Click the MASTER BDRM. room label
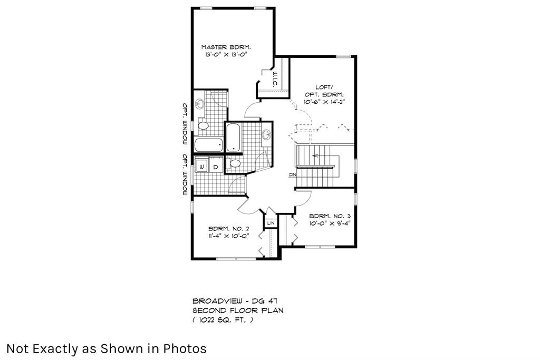[x=226, y=47]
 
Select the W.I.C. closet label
[x=275, y=79]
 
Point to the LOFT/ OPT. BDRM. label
[x=324, y=91]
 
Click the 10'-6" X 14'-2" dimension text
[x=324, y=102]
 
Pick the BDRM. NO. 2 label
[x=229, y=229]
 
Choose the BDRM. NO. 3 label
[x=330, y=216]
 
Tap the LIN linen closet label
[x=271, y=223]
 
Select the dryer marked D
[x=216, y=167]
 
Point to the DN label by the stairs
[x=292, y=175]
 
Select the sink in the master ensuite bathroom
[x=200, y=103]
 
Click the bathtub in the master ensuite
[x=209, y=145]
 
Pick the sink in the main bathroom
[x=266, y=134]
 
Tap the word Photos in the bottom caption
[x=185, y=348]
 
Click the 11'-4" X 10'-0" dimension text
[x=229, y=236]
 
